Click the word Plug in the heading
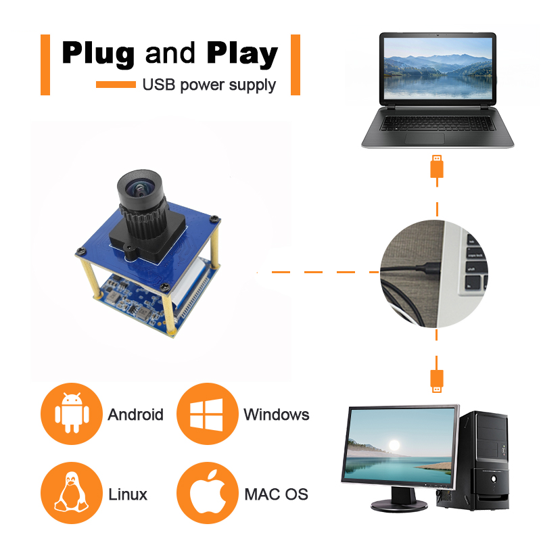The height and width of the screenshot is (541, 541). pyautogui.click(x=99, y=53)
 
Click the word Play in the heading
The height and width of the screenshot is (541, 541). pyautogui.click(x=241, y=53)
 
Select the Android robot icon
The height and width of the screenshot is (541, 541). pyautogui.click(x=70, y=414)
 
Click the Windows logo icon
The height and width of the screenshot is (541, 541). pyautogui.click(x=206, y=414)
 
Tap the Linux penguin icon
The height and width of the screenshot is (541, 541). pyautogui.click(x=70, y=494)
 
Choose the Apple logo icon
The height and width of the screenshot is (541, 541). pyautogui.click(x=206, y=494)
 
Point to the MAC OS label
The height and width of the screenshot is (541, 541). pyautogui.click(x=276, y=494)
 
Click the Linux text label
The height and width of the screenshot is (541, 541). pyautogui.click(x=128, y=494)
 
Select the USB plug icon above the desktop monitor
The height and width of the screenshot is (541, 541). pyautogui.click(x=438, y=380)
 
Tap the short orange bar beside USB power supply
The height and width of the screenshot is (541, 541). pyautogui.click(x=116, y=85)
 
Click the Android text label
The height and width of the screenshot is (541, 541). pyautogui.click(x=135, y=414)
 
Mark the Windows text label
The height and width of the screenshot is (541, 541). pyautogui.click(x=276, y=414)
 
